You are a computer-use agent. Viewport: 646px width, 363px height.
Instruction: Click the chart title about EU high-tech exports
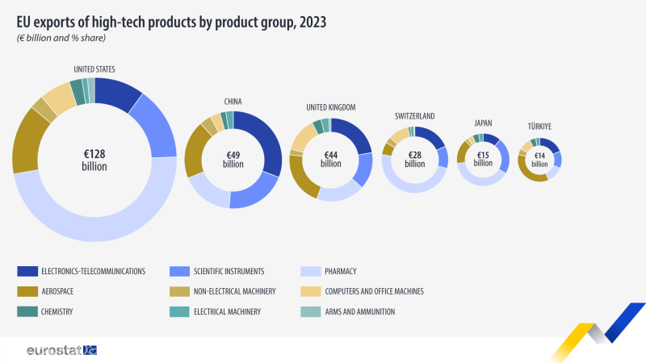[171, 23]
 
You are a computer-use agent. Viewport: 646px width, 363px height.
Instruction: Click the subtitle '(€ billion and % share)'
[61, 38]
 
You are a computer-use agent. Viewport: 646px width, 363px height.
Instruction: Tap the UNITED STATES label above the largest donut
[94, 69]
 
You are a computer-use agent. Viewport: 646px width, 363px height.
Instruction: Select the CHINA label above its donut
[233, 102]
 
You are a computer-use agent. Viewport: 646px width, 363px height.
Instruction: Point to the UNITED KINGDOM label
[331, 107]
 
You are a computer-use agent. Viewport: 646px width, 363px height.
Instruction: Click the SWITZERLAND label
[414, 116]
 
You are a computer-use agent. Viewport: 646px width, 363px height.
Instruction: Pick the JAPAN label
[483, 123]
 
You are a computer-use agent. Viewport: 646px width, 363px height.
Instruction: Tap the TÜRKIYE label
[539, 127]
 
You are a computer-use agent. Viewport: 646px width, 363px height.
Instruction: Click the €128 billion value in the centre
[94, 160]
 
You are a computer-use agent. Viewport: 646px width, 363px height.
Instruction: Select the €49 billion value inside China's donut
[233, 160]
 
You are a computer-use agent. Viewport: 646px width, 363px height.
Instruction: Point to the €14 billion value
[539, 160]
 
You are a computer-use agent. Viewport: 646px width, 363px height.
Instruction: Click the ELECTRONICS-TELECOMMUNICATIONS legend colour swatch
[27, 271]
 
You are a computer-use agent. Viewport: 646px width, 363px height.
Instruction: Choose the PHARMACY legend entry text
[340, 271]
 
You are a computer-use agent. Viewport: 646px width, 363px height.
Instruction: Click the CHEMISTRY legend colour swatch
[27, 311]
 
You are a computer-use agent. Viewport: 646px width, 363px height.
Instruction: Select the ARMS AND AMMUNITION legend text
[359, 311]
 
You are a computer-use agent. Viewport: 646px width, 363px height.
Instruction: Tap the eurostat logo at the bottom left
[62, 350]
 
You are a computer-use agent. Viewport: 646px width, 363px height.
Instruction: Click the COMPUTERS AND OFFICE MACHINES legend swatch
[311, 291]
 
